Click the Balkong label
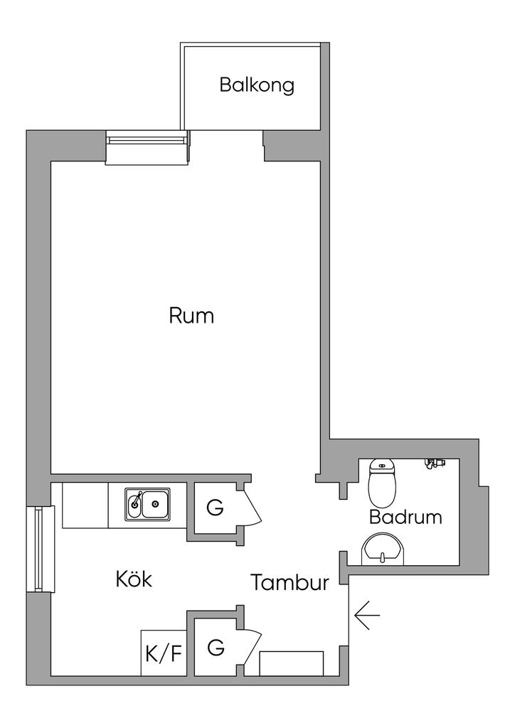257,85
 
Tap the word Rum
191,315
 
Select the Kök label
134,579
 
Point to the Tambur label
290,583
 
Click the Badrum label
405,517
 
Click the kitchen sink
148,504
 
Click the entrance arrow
366,615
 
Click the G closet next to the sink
215,508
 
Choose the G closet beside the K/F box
216,648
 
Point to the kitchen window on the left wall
40,548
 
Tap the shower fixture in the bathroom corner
433,464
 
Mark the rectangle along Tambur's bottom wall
291,663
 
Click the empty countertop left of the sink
85,505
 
